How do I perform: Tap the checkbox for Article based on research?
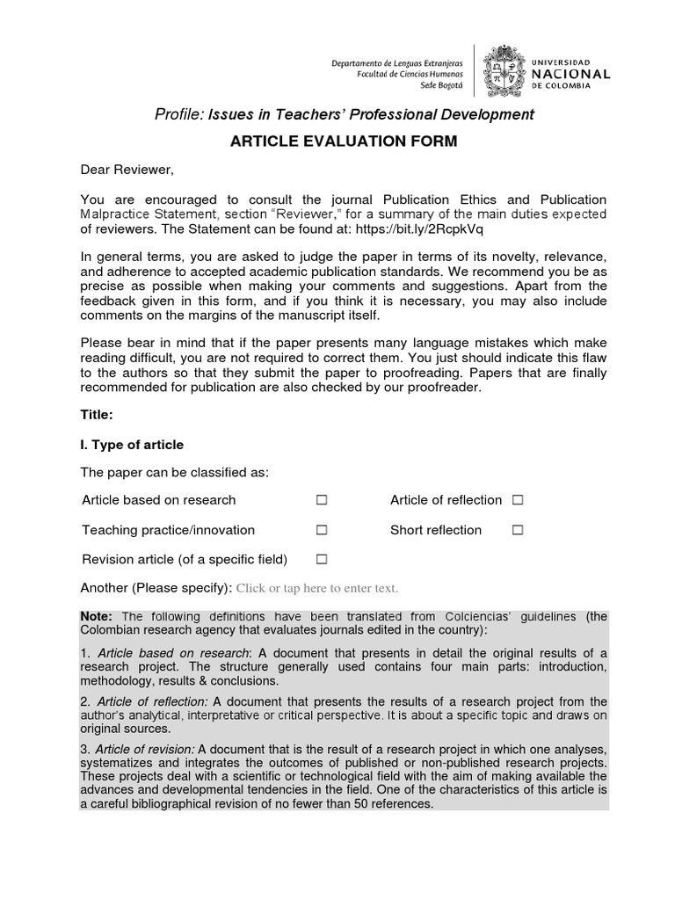pyautogui.click(x=322, y=500)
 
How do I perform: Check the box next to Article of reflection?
pyautogui.click(x=518, y=500)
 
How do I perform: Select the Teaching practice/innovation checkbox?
pyautogui.click(x=322, y=530)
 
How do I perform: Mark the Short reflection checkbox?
pyautogui.click(x=518, y=530)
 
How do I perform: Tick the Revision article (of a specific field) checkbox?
pyautogui.click(x=322, y=559)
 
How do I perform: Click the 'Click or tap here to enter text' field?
pyautogui.click(x=317, y=588)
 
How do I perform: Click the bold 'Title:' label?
pyautogui.click(x=97, y=415)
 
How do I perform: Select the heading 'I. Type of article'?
pyautogui.click(x=132, y=444)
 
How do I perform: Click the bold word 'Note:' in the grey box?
pyautogui.click(x=98, y=616)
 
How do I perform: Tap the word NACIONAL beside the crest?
pyautogui.click(x=571, y=75)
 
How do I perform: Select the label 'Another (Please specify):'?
pyautogui.click(x=156, y=588)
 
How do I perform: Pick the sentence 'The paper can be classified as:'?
pyautogui.click(x=174, y=473)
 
